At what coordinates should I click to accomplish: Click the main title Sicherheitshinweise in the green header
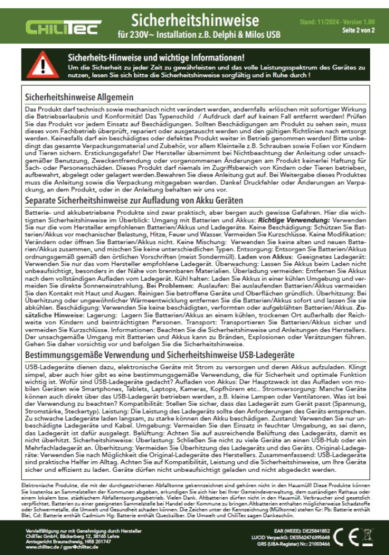(194, 21)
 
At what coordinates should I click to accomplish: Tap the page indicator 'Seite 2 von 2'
(358, 30)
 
